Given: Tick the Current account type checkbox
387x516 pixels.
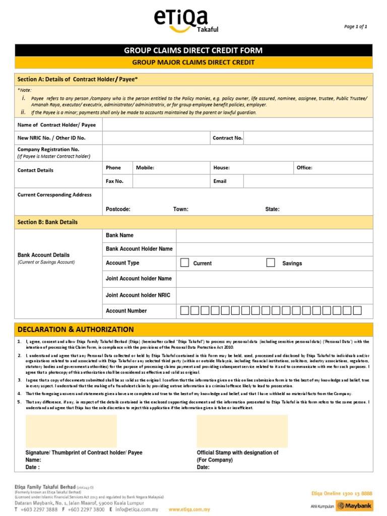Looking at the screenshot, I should pyautogui.click(x=185, y=263).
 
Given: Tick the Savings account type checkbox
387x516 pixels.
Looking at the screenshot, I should pyautogui.click(x=271, y=263).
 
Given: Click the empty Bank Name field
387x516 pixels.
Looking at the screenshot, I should pyautogui.click(x=274, y=235).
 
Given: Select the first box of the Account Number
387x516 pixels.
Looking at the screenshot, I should pyautogui.click(x=184, y=310).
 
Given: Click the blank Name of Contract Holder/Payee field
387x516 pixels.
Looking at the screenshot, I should pyautogui.click(x=237, y=124).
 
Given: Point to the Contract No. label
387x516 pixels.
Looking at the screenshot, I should pyautogui.click(x=227, y=138).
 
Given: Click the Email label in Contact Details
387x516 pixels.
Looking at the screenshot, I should pyautogui.click(x=220, y=181).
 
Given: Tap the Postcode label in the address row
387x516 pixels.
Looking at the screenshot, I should pyautogui.click(x=118, y=209).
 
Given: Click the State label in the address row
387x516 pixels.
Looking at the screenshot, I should pyautogui.click(x=272, y=209).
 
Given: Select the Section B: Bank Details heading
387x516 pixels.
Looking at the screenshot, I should pyautogui.click(x=47, y=222).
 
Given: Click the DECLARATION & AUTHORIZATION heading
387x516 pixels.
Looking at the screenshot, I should pyautogui.click(x=76, y=330).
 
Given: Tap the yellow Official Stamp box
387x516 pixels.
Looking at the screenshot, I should pyautogui.click(x=242, y=431).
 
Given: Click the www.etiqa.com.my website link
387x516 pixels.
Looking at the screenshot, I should pyautogui.click(x=189, y=509).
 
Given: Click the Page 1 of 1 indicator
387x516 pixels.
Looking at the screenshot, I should pyautogui.click(x=356, y=27).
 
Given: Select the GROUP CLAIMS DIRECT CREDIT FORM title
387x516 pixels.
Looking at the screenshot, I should pyautogui.click(x=193, y=50).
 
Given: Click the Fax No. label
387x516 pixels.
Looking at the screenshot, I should pyautogui.click(x=114, y=181).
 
